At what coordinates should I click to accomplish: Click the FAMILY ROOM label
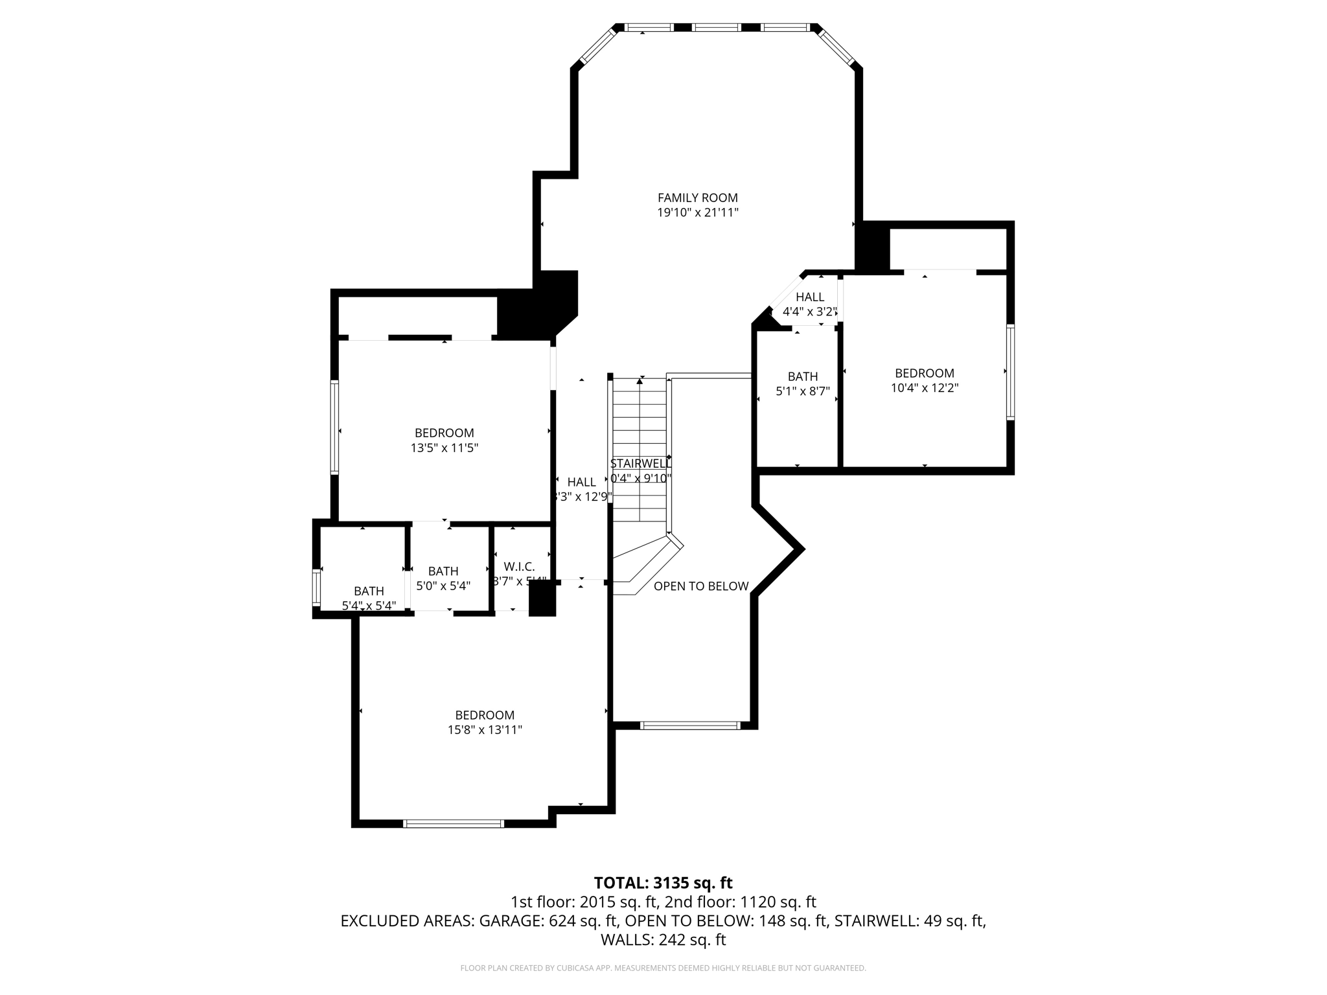697,198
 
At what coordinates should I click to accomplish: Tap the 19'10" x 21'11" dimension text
697,212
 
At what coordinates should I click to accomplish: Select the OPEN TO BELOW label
700,586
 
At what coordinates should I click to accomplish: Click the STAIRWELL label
640,464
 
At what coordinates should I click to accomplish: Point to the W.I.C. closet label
519,567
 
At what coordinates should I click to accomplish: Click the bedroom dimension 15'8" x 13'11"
485,730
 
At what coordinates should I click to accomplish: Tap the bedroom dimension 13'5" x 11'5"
444,448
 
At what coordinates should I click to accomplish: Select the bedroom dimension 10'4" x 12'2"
924,388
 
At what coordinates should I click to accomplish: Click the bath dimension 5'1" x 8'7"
802,391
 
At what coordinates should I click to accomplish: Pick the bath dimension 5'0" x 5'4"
443,586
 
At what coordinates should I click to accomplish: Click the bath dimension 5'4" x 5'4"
369,606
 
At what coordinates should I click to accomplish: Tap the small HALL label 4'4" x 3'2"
809,304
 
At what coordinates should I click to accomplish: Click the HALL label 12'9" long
581,482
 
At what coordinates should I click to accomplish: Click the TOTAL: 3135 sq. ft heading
663,883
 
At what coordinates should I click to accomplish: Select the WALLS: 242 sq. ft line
663,939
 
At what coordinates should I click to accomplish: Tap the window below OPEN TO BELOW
689,726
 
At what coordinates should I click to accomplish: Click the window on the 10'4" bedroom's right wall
1010,372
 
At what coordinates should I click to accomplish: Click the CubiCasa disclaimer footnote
663,968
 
